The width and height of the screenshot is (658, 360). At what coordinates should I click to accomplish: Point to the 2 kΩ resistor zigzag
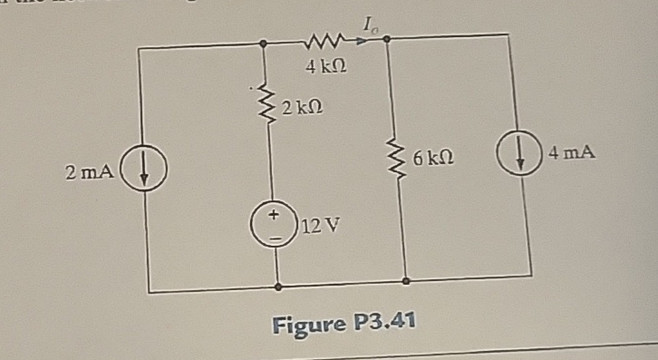pos(267,102)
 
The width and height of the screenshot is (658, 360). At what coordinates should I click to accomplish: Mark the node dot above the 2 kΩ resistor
pos(263,43)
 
